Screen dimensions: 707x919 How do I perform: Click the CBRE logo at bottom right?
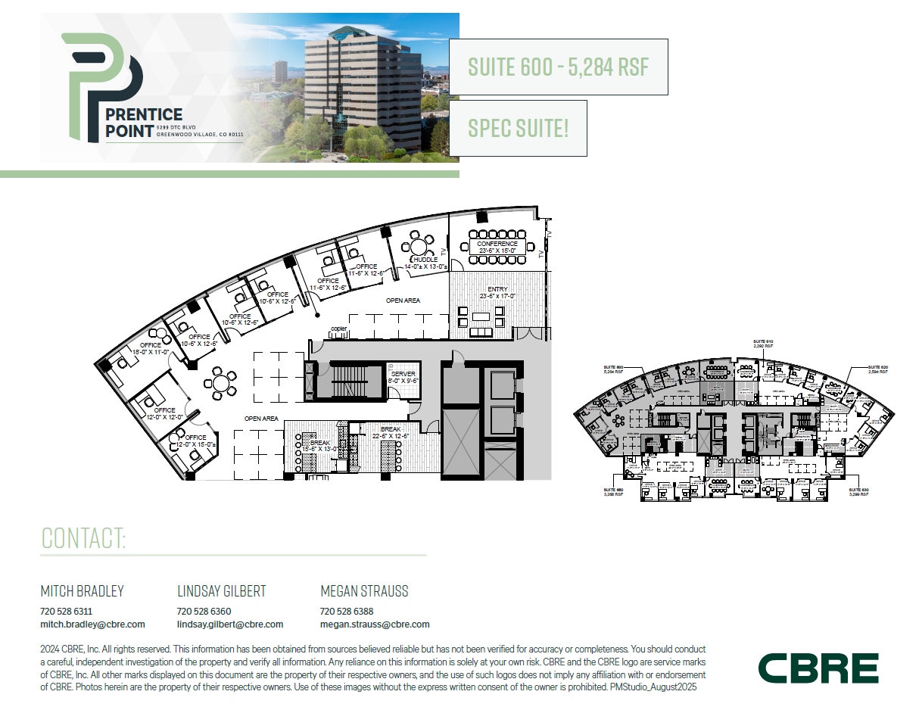click(x=818, y=668)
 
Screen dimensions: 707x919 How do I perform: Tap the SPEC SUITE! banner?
click(x=518, y=128)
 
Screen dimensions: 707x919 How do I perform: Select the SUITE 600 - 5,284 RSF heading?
click(x=559, y=67)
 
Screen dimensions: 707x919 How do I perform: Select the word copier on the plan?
click(x=338, y=329)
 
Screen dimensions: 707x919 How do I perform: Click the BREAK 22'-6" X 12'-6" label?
click(x=391, y=432)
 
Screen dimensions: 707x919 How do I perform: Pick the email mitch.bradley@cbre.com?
click(x=92, y=624)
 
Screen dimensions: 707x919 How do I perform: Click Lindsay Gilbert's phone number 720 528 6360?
click(x=204, y=611)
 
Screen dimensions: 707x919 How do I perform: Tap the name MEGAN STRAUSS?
click(x=364, y=591)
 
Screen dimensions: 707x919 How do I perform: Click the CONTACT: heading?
click(x=83, y=538)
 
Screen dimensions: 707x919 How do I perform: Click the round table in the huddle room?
click(x=419, y=245)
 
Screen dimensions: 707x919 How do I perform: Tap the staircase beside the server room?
click(x=348, y=378)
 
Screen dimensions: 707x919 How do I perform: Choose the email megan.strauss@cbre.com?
click(x=375, y=624)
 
